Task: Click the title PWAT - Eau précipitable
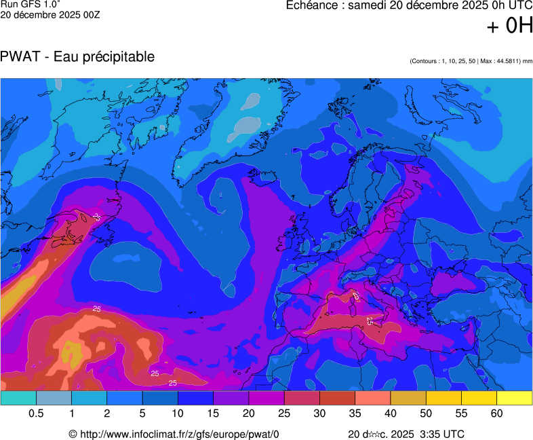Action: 78,57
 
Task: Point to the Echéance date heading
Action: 409,5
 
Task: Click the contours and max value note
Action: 471,61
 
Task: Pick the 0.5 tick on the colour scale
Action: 37,414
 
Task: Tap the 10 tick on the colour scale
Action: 178,414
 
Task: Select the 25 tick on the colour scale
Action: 284,414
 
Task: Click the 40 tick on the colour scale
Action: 390,414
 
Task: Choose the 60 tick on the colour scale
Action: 496,414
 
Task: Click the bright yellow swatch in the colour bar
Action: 514,399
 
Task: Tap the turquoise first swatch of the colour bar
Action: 18,399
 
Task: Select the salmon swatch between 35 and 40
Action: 372,399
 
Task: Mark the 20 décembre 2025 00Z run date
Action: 50,15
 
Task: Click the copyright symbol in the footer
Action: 73,434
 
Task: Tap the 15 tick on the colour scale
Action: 214,414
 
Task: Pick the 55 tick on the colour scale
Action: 461,414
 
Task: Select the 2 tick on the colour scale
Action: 107,414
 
